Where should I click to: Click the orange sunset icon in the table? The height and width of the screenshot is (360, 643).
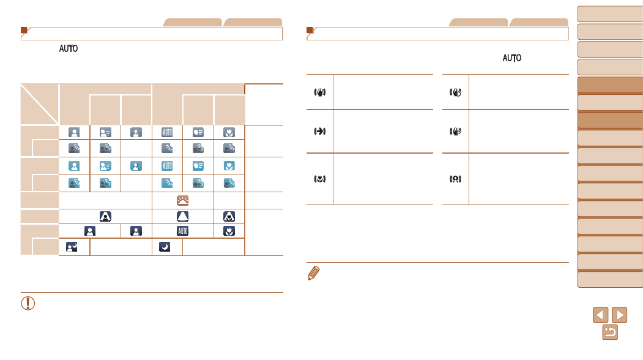pos(182,200)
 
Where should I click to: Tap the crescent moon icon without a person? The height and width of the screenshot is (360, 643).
pos(165,247)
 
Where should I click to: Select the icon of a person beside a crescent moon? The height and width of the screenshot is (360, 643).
pos(72,247)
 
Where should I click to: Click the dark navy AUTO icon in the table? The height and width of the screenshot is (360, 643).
pos(182,231)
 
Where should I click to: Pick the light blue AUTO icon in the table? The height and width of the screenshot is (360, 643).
pos(167,166)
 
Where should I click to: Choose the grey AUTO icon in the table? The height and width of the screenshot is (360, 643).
pos(167,132)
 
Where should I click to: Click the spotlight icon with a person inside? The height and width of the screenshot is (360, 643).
pos(105,216)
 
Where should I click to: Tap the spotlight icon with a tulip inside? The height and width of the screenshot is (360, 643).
pos(229,216)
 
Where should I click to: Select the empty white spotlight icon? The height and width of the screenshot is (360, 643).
pos(182,216)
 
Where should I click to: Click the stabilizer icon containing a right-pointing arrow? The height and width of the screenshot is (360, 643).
pos(320,132)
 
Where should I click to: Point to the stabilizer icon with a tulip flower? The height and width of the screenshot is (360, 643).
pos(320,179)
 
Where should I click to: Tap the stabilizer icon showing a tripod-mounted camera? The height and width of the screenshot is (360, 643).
pos(456,179)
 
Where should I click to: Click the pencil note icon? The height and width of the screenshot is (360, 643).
pos(314,273)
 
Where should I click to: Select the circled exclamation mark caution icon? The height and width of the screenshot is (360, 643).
pos(28,303)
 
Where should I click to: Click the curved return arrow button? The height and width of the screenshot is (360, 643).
pos(610,332)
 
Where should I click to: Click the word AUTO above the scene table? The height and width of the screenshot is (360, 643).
pos(69,48)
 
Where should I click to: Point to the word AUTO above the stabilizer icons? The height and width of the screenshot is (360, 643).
pos(512,58)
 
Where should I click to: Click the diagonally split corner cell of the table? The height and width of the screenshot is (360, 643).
pos(39,104)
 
